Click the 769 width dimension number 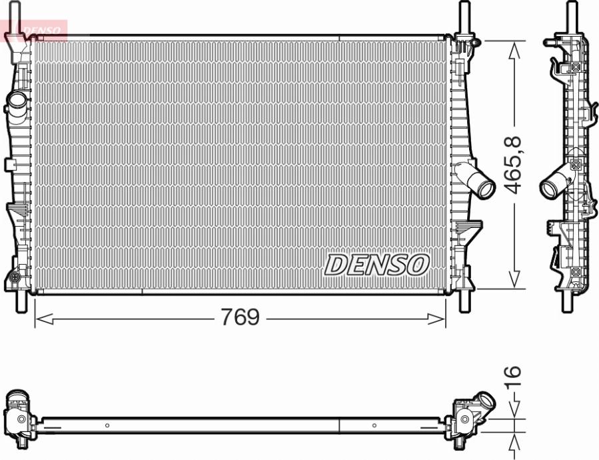(241, 318)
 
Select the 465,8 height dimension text (512, 165)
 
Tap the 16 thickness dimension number (512, 381)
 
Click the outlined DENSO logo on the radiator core (376, 265)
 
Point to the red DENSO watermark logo (37, 30)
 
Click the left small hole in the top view (107, 425)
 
